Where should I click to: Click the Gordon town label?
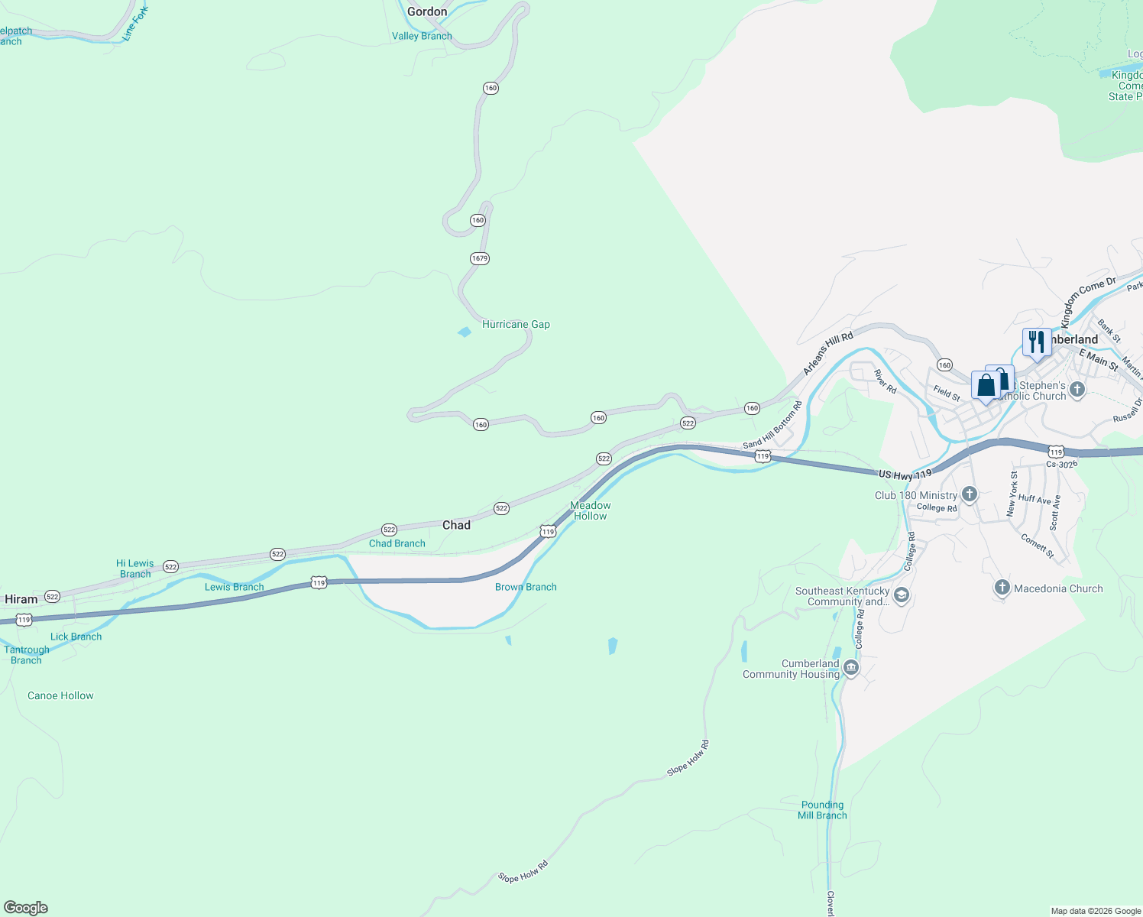pyautogui.click(x=427, y=11)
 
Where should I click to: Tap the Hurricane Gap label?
pyautogui.click(x=516, y=324)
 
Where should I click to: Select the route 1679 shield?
pyautogui.click(x=479, y=258)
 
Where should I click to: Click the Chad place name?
pyautogui.click(x=456, y=525)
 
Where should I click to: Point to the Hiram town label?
pyautogui.click(x=21, y=599)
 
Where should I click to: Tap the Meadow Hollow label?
pyautogui.click(x=591, y=510)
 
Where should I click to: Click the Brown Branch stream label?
pyautogui.click(x=526, y=587)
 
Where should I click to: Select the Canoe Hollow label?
pyautogui.click(x=60, y=695)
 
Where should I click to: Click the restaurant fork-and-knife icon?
pyautogui.click(x=1036, y=341)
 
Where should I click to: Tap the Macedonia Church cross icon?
pyautogui.click(x=1002, y=588)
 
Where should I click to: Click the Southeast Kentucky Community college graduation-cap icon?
pyautogui.click(x=902, y=595)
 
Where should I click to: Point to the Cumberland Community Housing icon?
pyautogui.click(x=851, y=669)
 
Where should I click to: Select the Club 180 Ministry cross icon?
pyautogui.click(x=970, y=494)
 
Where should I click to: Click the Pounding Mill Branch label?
pyautogui.click(x=822, y=810)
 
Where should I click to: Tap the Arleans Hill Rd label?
pyautogui.click(x=827, y=353)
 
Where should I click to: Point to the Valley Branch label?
pyautogui.click(x=422, y=36)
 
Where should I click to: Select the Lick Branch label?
pyautogui.click(x=76, y=637)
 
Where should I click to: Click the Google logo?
pyautogui.click(x=26, y=908)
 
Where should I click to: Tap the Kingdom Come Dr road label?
pyautogui.click(x=1087, y=302)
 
